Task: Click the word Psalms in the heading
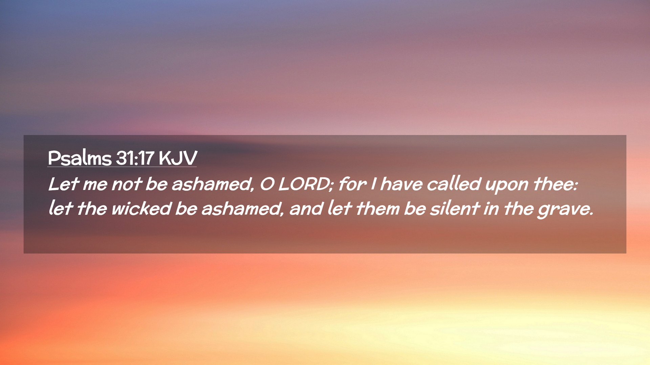[80, 157]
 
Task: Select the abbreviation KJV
[178, 158]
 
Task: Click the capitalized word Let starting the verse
[64, 184]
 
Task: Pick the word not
[127, 185]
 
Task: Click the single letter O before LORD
[267, 184]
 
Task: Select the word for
[352, 184]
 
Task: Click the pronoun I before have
[373, 184]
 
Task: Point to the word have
[402, 184]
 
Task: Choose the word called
[454, 184]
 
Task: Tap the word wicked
[141, 208]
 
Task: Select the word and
[306, 208]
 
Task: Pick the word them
[377, 208]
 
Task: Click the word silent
[455, 208]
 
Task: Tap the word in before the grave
[491, 209]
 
